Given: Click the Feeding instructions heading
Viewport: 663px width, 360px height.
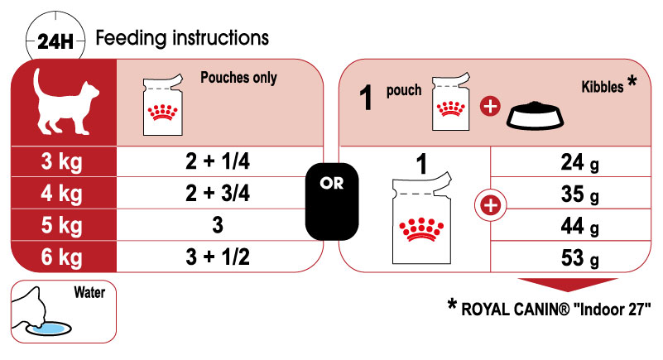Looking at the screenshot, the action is pos(182,38).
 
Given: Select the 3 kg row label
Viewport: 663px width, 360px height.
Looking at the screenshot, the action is pos(61,162).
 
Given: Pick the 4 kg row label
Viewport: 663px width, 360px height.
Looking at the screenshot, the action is pos(61,194).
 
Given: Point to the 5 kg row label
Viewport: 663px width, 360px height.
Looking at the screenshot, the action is pos(61,225).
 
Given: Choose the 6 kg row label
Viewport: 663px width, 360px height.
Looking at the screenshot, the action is pos(61,257).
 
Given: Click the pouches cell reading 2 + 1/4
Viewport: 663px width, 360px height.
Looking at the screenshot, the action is pos(218,161).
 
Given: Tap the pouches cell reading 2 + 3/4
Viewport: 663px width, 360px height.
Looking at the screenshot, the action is pos(218,193).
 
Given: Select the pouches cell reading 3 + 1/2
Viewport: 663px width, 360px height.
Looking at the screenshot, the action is pos(218,257).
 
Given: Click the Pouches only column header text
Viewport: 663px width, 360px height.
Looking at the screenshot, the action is pos(238,78).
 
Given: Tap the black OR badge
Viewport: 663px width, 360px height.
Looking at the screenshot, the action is pos(332,201).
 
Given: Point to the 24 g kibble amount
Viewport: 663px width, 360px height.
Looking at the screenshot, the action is pos(579,163).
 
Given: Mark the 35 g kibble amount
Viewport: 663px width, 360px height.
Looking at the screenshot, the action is pos(579,194).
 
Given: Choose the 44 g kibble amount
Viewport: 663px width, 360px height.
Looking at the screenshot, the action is pos(579,226).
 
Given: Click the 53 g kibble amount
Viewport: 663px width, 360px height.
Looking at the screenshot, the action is pos(579,257).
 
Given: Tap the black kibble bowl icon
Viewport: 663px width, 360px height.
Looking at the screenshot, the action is pos(536,115).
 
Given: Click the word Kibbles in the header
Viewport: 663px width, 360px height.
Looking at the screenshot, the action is pos(603,87).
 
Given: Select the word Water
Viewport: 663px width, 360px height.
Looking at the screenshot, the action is pos(89,292).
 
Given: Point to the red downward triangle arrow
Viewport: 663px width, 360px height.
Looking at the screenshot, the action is pos(568,284).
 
